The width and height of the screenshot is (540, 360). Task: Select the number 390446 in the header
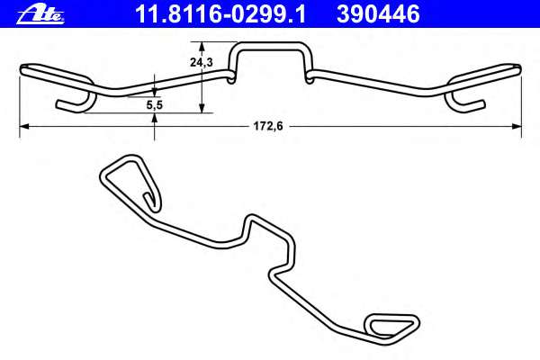click(x=378, y=13)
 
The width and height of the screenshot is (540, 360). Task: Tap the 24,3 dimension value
click(x=202, y=62)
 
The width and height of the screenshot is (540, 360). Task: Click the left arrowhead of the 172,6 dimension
click(x=24, y=128)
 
